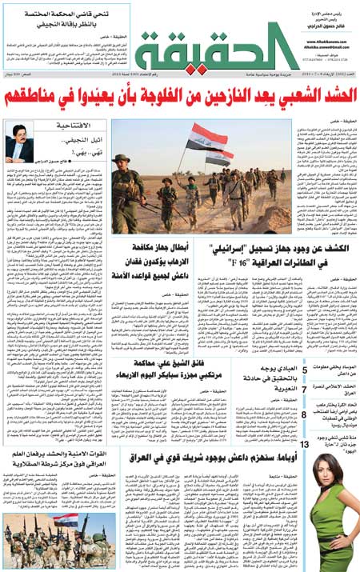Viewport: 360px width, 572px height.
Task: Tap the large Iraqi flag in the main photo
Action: coord(205,138)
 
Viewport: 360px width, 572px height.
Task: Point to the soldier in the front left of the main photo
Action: coord(125,192)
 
